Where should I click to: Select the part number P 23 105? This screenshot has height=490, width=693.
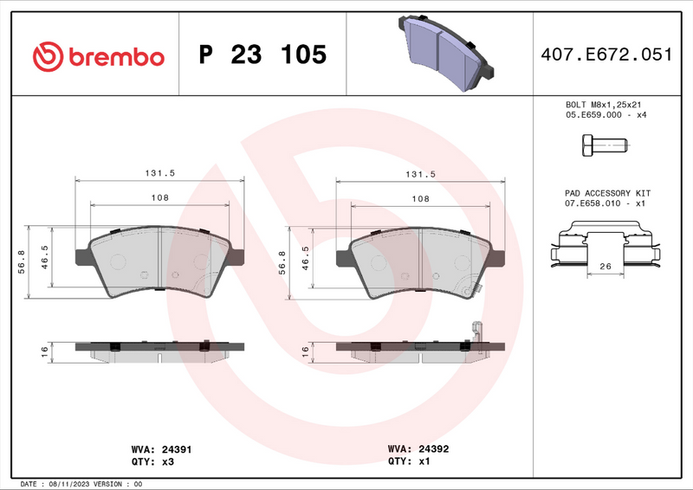262,55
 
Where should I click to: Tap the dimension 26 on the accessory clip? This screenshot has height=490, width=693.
606,267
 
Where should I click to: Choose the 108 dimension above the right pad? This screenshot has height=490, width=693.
420,198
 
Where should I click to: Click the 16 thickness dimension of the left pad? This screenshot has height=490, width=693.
43,350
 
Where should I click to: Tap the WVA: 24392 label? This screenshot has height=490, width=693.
418,450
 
